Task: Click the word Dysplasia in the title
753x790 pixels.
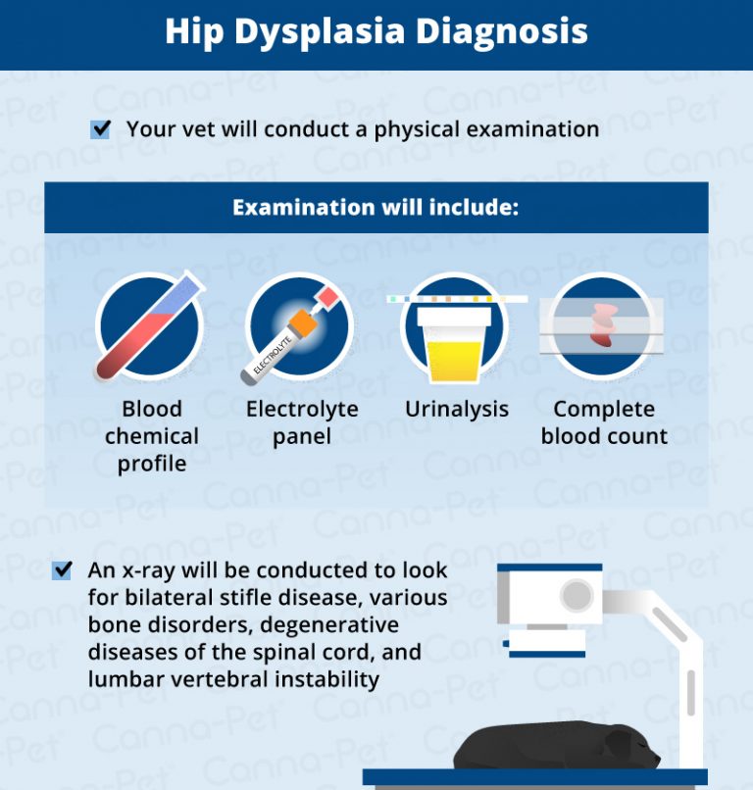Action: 313,32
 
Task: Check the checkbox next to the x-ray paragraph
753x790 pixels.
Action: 62,570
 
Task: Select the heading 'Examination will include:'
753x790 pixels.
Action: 376,208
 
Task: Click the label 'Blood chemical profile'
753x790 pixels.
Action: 151,436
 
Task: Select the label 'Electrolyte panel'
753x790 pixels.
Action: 302,422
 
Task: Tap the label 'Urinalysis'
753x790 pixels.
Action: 457,410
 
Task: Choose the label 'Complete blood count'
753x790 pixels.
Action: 604,422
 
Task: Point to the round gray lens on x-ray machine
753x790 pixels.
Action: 577,595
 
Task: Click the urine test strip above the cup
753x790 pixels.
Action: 457,298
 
